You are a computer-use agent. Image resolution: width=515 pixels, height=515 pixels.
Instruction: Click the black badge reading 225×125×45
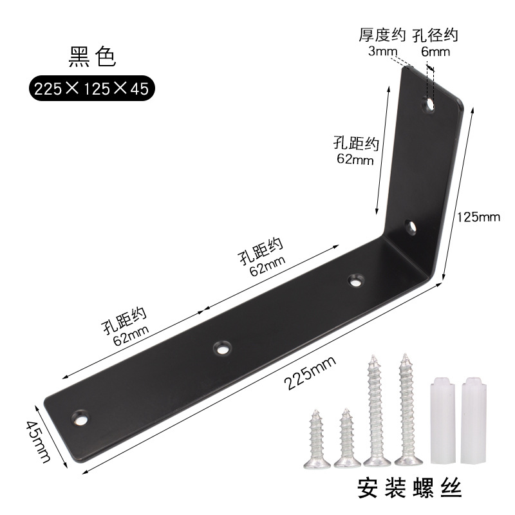click(91, 89)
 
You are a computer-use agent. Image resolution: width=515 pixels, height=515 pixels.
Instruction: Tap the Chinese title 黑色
click(91, 57)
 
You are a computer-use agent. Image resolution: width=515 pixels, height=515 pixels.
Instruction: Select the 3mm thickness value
click(380, 51)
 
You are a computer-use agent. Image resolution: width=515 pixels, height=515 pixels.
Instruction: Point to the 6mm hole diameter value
click(436, 51)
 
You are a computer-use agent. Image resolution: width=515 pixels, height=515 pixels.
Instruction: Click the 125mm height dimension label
click(478, 217)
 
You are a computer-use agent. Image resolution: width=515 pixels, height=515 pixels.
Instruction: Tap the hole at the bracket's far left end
click(81, 417)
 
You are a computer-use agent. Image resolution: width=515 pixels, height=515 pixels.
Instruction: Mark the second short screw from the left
click(346, 436)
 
